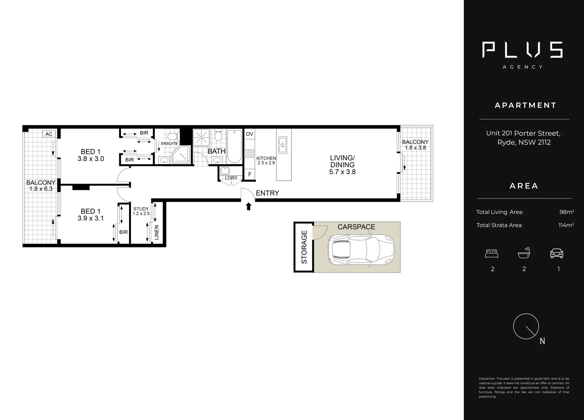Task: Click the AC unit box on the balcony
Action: click(x=49, y=134)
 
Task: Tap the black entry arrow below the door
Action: click(x=248, y=206)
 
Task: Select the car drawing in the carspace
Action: click(x=361, y=250)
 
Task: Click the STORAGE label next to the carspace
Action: click(x=304, y=247)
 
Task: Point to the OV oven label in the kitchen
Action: click(x=250, y=134)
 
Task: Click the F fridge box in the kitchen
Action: click(x=250, y=175)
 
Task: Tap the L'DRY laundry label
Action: click(x=231, y=178)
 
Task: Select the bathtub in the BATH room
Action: click(x=234, y=146)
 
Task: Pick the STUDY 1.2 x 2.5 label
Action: click(x=141, y=211)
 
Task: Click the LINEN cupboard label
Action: click(x=157, y=232)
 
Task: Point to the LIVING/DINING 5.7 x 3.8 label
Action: click(x=342, y=165)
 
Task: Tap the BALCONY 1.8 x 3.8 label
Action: click(x=415, y=145)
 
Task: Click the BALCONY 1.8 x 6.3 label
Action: click(x=41, y=185)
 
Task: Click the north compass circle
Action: click(x=526, y=326)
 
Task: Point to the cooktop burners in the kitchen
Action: click(x=250, y=153)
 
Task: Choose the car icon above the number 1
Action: click(x=556, y=254)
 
